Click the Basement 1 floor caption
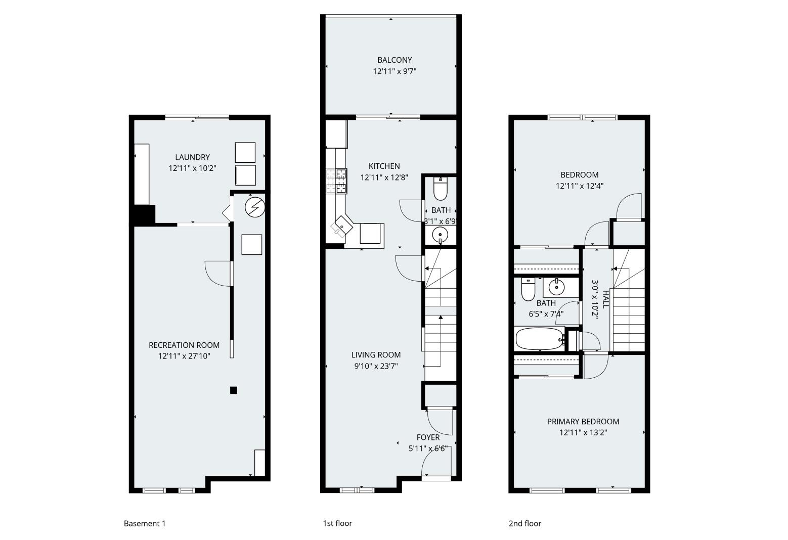tap(145, 524)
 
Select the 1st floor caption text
tap(337, 523)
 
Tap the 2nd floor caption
tap(524, 524)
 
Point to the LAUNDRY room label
tap(192, 157)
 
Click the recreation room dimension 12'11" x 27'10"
tap(184, 356)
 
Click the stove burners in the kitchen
tap(337, 181)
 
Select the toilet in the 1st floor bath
tap(441, 189)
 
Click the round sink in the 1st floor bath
tap(441, 234)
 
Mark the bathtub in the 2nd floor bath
tap(539, 339)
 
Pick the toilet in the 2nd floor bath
tap(528, 289)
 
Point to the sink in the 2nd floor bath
tap(556, 287)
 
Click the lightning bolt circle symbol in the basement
tap(254, 207)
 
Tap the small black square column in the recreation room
tap(234, 390)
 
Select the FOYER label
tap(428, 437)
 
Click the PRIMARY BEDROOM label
tap(583, 422)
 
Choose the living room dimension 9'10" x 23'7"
tap(376, 366)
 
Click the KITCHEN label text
tap(384, 166)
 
